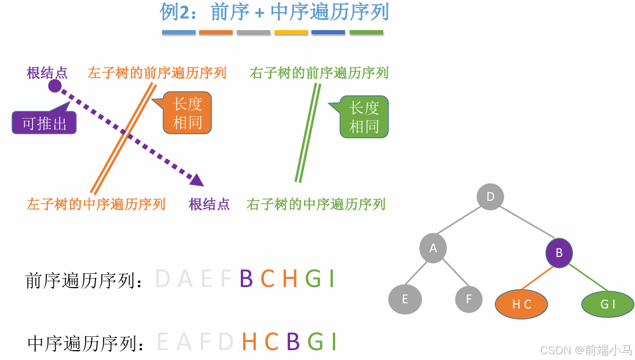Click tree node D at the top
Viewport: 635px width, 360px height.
click(490, 197)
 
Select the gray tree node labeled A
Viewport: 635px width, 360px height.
click(434, 249)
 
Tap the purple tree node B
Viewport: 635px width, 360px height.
click(559, 253)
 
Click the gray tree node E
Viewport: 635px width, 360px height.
click(405, 299)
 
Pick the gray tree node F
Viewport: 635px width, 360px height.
click(469, 299)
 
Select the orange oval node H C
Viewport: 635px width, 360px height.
click(522, 304)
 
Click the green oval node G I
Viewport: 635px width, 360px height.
click(608, 304)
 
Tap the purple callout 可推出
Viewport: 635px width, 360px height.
click(45, 123)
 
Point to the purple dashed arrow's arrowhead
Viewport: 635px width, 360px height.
click(197, 180)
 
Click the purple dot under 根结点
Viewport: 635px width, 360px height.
click(54, 86)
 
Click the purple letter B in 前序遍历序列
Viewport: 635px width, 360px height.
click(246, 280)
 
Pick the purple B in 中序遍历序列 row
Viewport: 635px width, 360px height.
click(293, 343)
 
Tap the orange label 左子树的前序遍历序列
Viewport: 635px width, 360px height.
click(157, 73)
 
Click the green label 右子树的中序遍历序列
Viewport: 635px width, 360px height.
click(316, 204)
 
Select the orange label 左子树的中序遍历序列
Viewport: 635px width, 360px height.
click(96, 204)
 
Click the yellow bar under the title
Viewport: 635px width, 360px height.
click(291, 32)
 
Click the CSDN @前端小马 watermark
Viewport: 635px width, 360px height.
click(586, 350)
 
